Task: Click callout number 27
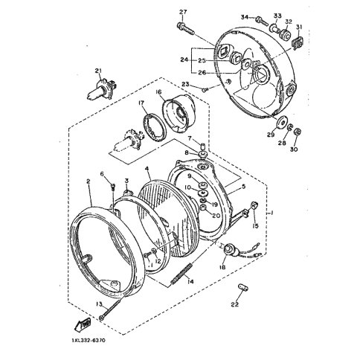183,11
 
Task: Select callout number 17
141,104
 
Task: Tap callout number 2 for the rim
88,181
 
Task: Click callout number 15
254,226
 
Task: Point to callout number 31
300,28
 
